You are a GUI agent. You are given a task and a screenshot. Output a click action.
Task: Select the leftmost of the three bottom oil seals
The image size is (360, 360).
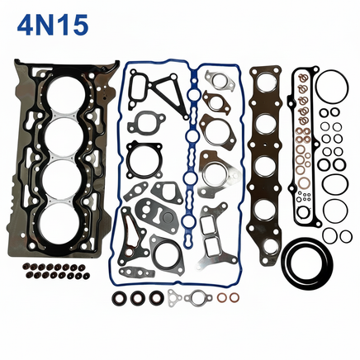click(118, 297)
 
